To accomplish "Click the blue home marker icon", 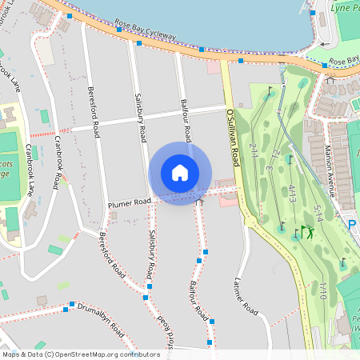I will click(x=180, y=172).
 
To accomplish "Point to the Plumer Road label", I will click(x=129, y=204).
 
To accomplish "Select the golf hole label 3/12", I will click(x=270, y=160).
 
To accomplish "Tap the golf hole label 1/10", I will click(x=323, y=289).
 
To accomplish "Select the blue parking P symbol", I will click(x=352, y=226).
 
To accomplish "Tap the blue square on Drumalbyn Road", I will click(x=72, y=305).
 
